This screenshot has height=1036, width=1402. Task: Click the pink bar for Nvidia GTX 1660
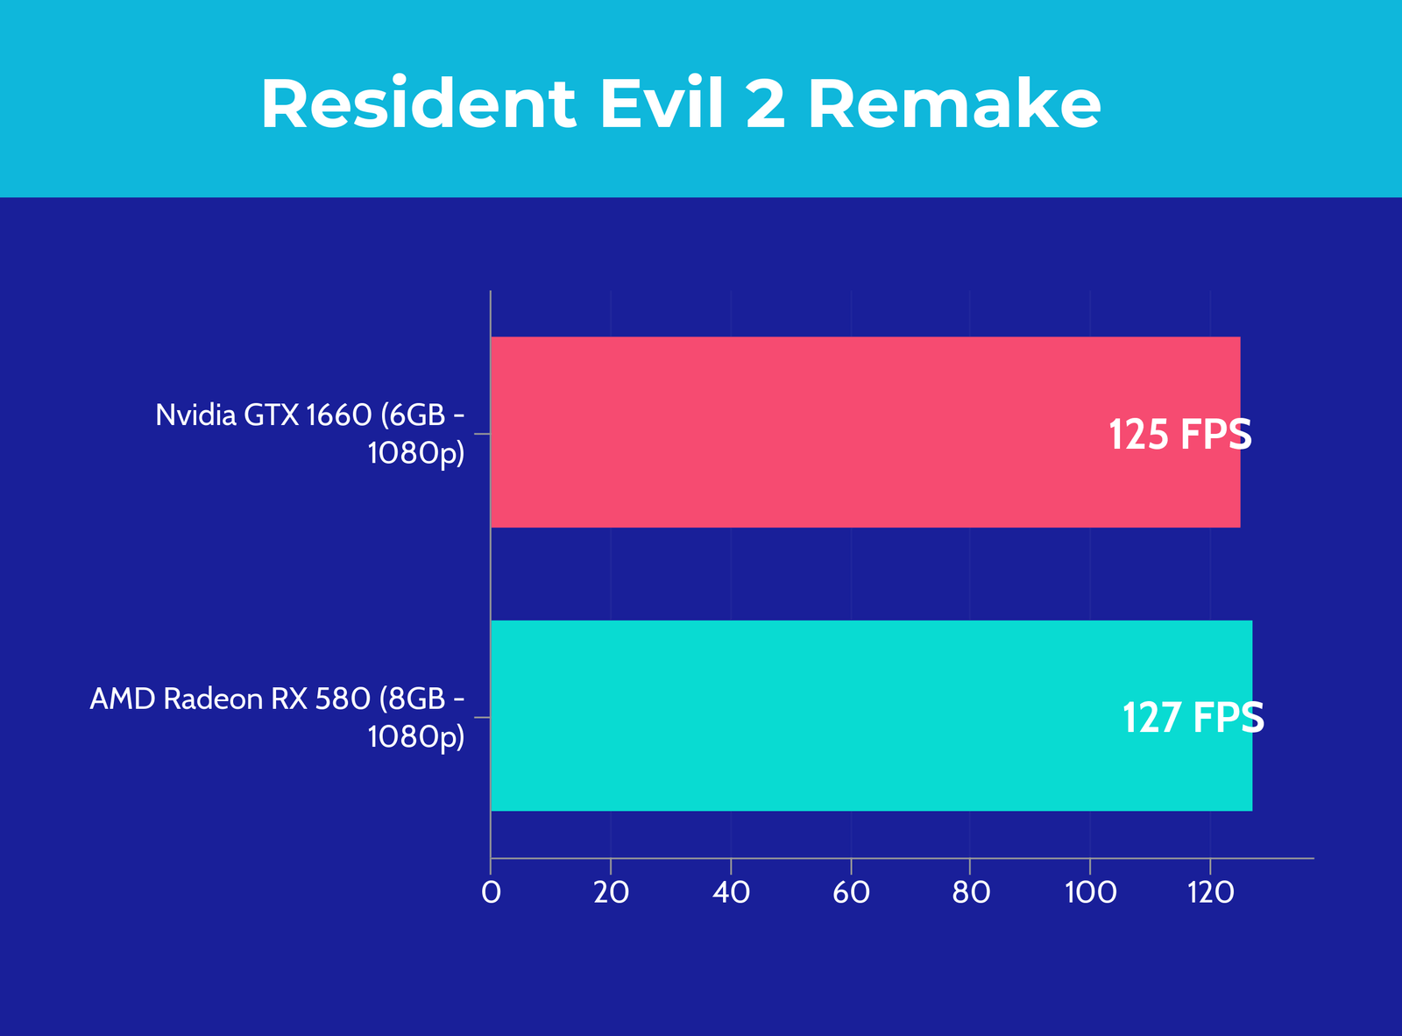(x=866, y=432)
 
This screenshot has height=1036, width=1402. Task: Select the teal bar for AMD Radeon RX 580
(x=872, y=715)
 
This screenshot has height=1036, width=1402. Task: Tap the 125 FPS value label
(x=1180, y=435)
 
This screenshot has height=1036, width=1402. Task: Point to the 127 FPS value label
(x=1193, y=718)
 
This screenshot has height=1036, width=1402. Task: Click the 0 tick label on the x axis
(x=492, y=892)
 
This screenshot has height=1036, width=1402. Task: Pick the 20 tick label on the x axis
(x=612, y=892)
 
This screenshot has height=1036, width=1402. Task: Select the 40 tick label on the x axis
(x=732, y=892)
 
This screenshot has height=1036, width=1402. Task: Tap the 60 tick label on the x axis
(x=852, y=892)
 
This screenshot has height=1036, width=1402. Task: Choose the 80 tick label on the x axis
(x=971, y=892)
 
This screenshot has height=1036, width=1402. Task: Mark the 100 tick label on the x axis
(x=1091, y=892)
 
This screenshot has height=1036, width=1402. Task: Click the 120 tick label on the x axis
(x=1210, y=892)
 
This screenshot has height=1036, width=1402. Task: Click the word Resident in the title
(x=419, y=103)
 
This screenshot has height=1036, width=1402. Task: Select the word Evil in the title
(x=662, y=103)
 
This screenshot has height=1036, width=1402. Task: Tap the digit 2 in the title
(x=765, y=103)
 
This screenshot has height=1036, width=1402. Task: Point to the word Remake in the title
(x=955, y=103)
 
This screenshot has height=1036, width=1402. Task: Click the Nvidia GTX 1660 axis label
(x=310, y=434)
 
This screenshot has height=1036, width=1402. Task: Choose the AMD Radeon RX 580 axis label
(x=278, y=717)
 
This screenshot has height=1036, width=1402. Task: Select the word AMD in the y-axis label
(x=123, y=699)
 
